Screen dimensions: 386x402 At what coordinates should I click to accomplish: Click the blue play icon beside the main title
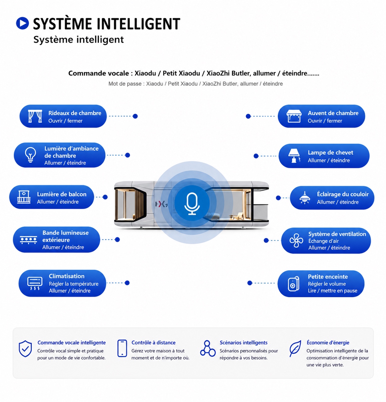click(x=22, y=23)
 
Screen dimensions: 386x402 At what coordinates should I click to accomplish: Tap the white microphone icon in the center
click(x=192, y=204)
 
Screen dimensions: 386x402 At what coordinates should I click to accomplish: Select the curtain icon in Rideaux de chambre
click(x=35, y=116)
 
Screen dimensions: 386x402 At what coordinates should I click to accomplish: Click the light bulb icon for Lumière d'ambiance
click(x=30, y=155)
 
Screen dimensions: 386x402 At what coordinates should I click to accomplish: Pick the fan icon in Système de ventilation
click(x=296, y=240)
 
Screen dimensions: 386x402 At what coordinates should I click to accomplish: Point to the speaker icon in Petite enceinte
click(x=294, y=284)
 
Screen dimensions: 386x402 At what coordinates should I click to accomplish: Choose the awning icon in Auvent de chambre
click(x=294, y=116)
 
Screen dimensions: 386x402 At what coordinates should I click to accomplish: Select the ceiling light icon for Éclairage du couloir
click(x=305, y=198)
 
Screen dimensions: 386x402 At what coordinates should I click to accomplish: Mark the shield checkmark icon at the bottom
click(x=25, y=349)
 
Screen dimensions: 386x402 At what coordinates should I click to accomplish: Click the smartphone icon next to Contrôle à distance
click(x=122, y=348)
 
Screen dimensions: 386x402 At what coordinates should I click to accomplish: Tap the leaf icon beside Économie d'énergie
click(x=295, y=349)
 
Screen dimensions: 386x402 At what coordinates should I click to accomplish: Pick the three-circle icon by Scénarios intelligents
click(x=208, y=348)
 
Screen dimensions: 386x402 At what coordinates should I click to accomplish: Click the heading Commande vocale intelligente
click(x=72, y=342)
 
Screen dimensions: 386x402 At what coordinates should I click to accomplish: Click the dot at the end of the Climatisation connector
click(x=127, y=283)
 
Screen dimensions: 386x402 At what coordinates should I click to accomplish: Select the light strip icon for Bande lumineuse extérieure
click(x=29, y=240)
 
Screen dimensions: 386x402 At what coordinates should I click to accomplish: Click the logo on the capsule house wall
click(x=162, y=204)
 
